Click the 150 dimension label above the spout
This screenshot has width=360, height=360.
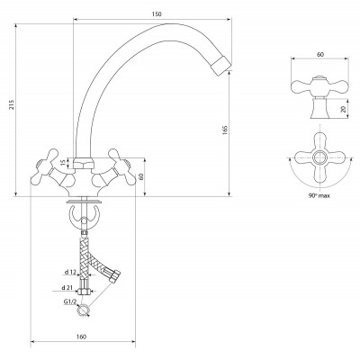pyautogui.click(x=157, y=14)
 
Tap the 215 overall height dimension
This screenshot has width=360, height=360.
pyautogui.click(x=12, y=104)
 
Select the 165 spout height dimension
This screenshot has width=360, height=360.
pyautogui.click(x=225, y=130)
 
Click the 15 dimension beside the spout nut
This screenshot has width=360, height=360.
pyautogui.click(x=63, y=163)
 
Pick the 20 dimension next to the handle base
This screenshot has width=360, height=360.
pyautogui.click(x=344, y=109)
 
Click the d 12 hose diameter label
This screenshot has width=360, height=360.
pyautogui.click(x=71, y=272)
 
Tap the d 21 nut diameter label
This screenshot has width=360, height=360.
pyautogui.click(x=67, y=287)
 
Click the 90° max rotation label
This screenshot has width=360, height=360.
pyautogui.click(x=319, y=195)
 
